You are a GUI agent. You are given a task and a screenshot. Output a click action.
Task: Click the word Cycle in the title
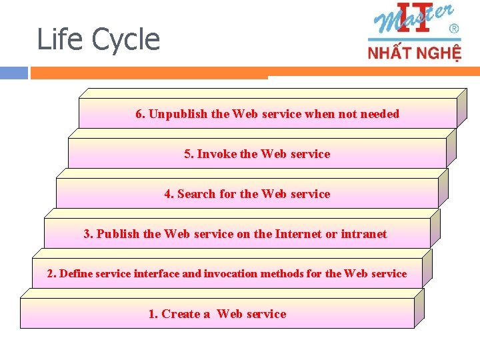pyautogui.click(x=126, y=40)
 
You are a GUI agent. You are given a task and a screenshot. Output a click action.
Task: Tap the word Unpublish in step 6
pyautogui.click(x=178, y=114)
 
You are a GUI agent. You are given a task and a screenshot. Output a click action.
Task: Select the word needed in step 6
pyautogui.click(x=379, y=114)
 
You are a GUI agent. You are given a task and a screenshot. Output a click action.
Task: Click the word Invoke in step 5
pyautogui.click(x=217, y=154)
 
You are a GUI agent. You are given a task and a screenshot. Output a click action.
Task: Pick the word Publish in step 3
pyautogui.click(x=118, y=234)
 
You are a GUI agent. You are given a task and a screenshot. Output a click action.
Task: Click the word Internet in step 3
pyautogui.click(x=299, y=234)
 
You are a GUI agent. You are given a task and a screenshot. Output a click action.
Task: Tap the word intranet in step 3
pyautogui.click(x=364, y=234)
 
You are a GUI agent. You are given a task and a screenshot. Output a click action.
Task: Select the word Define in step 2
pyautogui.click(x=76, y=274)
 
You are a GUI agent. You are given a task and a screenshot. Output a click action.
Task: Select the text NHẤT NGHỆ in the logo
pyautogui.click(x=414, y=52)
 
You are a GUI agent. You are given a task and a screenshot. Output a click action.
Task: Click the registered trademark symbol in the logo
pyautogui.click(x=454, y=29)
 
